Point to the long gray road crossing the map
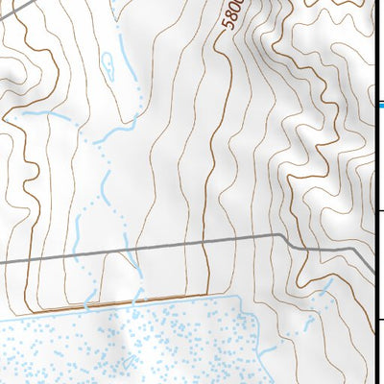pos(144,248)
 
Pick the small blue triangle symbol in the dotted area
pos(126,363)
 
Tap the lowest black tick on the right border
pos(380,319)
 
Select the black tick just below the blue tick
pos(380,211)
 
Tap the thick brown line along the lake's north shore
pos(144,301)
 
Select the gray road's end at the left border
pos(2,261)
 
